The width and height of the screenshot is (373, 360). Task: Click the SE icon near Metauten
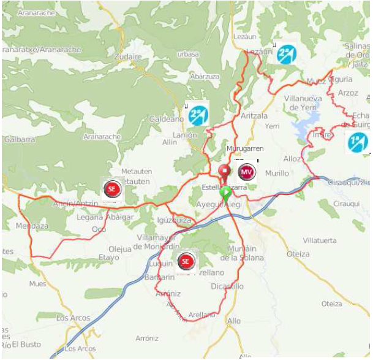tap(111, 190)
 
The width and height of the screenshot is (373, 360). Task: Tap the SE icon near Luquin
tap(187, 262)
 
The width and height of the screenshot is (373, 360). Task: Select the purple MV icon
tap(246, 171)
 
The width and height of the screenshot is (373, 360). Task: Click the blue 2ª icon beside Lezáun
tap(286, 55)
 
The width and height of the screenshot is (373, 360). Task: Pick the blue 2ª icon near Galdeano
tap(197, 114)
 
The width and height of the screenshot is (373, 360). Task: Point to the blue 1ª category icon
tap(357, 142)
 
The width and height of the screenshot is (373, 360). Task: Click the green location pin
tap(226, 194)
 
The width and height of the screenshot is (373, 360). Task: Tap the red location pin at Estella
tap(225, 172)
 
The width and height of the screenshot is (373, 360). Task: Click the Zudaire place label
tap(127, 56)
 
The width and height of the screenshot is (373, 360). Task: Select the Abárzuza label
tap(205, 77)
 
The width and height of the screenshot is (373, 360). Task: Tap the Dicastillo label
tap(227, 286)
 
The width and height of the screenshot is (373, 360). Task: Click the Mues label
tap(37, 284)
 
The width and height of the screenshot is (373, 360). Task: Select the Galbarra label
tap(19, 139)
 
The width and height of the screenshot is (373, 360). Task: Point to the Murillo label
tap(277, 174)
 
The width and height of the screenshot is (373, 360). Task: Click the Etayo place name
tap(108, 258)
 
